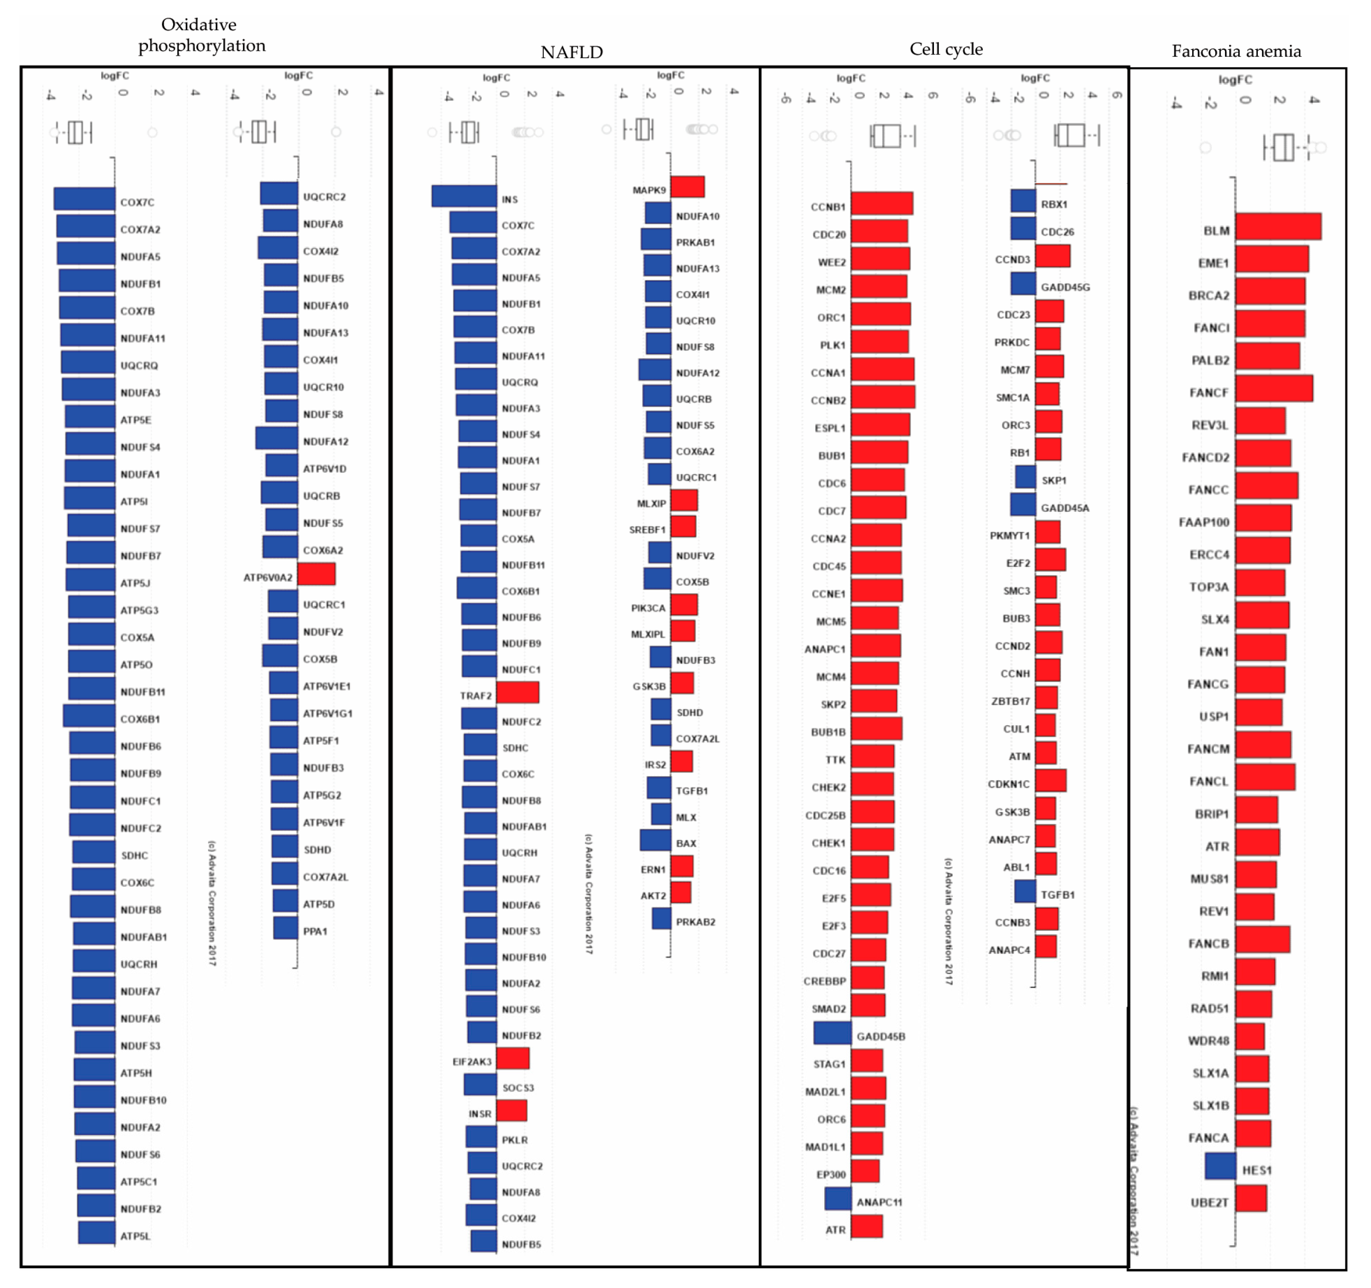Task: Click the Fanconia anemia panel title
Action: (x=1236, y=51)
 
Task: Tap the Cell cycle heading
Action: (x=945, y=49)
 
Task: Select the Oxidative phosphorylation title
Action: (x=201, y=35)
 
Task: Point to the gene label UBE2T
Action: (x=1209, y=1203)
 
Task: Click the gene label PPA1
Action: (x=315, y=931)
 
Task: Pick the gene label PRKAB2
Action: (x=695, y=922)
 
